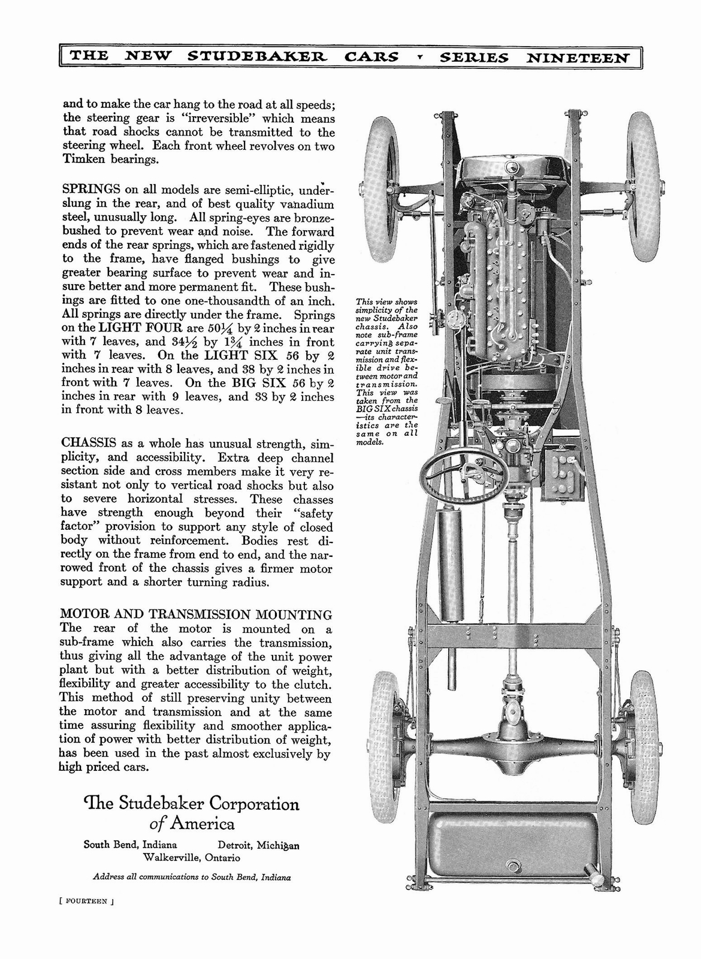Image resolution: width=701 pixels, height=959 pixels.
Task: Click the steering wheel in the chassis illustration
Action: point(455,471)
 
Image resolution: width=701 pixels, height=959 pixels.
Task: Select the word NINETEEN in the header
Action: point(578,58)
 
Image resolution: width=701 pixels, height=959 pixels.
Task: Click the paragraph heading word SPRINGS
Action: point(89,191)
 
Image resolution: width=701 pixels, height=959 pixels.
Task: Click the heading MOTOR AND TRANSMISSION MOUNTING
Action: point(196,614)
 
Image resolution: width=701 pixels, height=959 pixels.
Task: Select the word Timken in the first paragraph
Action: point(83,159)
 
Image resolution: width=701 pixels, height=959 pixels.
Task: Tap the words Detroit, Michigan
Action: point(258,845)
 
